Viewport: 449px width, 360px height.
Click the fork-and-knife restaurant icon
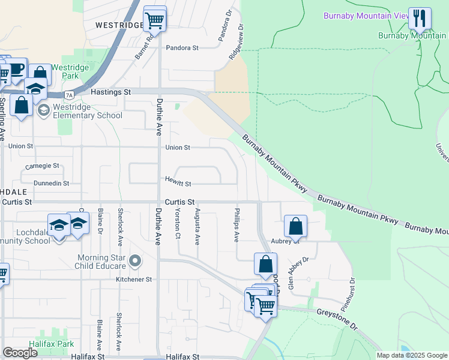pyautogui.click(x=420, y=18)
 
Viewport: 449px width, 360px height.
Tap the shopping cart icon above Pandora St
pyautogui.click(x=155, y=19)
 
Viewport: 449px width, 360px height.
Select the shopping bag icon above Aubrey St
pyautogui.click(x=295, y=227)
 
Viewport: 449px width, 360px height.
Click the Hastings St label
pyautogui.click(x=110, y=92)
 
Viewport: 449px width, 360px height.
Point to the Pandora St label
pyautogui.click(x=182, y=48)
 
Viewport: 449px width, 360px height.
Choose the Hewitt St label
pyautogui.click(x=178, y=184)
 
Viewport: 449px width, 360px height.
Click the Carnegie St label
pyautogui.click(x=42, y=166)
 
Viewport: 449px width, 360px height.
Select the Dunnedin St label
pyautogui.click(x=51, y=184)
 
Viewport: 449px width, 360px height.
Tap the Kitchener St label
pyautogui.click(x=135, y=280)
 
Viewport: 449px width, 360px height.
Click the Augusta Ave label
pyautogui.click(x=197, y=226)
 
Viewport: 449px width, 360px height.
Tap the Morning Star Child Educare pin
pyautogui.click(x=135, y=261)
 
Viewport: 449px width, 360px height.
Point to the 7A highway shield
pyautogui.click(x=70, y=95)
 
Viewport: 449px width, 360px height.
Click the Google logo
pyautogui.click(x=20, y=353)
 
